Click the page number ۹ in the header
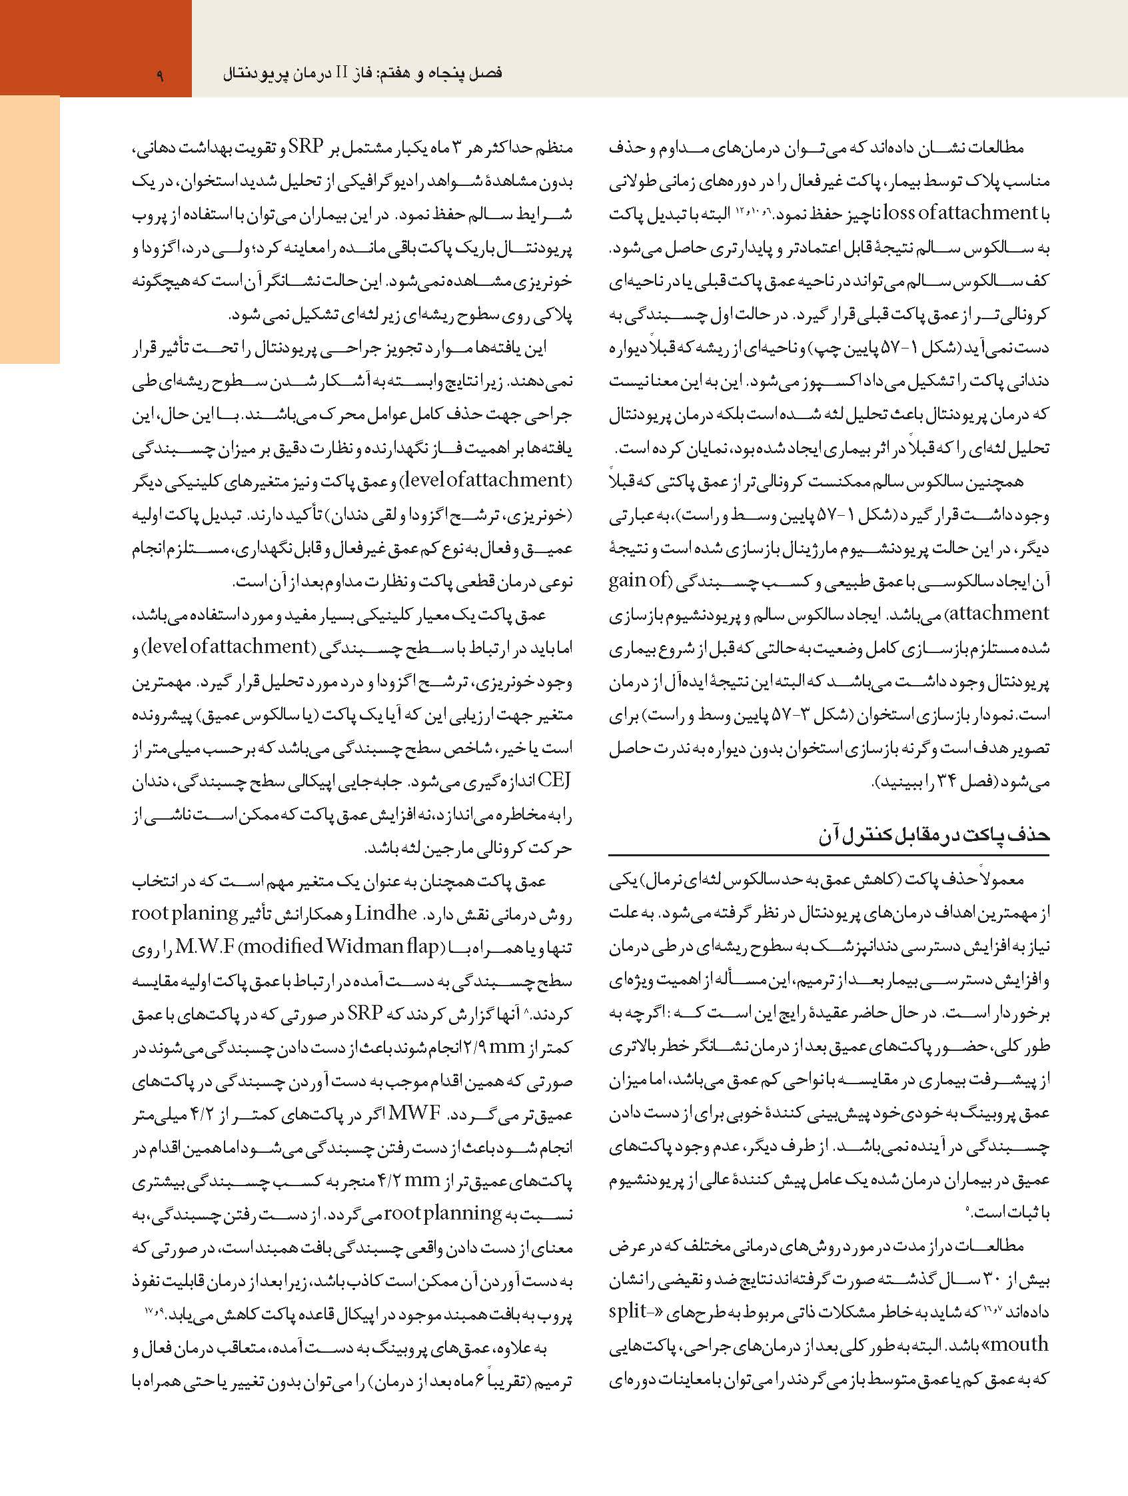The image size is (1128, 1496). click(x=161, y=75)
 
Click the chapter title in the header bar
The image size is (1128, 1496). click(x=362, y=73)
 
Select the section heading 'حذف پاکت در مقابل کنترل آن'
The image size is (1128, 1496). click(x=934, y=835)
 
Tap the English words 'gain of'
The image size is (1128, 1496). click(x=639, y=580)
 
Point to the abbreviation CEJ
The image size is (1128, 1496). click(x=553, y=780)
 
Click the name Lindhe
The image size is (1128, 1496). click(x=386, y=913)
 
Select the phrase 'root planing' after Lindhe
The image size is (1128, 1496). click(x=185, y=913)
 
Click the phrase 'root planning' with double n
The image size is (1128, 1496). click(x=443, y=1213)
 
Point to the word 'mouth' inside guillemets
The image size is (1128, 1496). click(x=1019, y=1344)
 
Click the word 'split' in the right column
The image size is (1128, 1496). click(x=628, y=1311)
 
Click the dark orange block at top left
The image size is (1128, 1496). click(x=95, y=47)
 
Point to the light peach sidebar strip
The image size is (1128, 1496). click(x=30, y=230)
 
